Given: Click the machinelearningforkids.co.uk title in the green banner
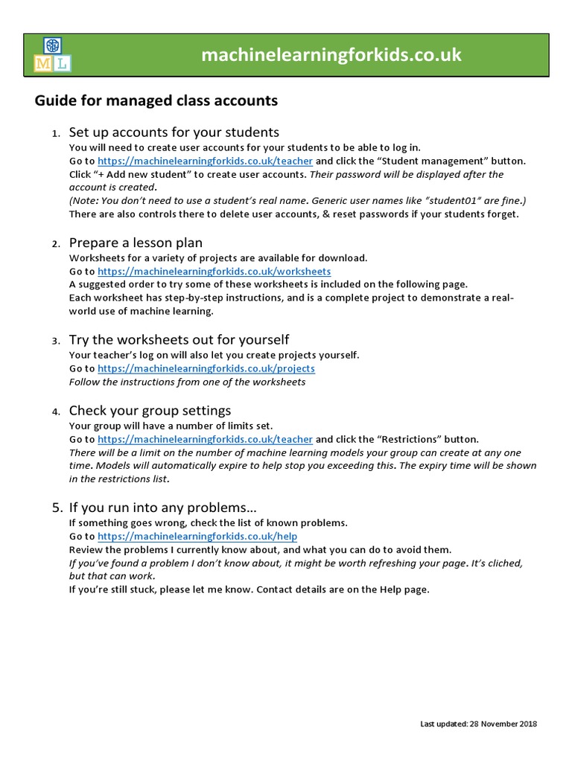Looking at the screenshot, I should (331, 55).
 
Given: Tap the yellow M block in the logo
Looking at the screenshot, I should (42, 65).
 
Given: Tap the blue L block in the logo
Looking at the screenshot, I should (62, 65).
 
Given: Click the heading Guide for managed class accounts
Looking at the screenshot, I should (156, 100).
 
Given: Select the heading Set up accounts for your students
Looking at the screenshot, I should (174, 132).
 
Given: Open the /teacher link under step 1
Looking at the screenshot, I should (205, 161).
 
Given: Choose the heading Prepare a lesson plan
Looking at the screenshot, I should (136, 243).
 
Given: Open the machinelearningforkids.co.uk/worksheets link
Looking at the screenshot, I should (214, 272).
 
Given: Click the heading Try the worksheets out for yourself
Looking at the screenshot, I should (179, 340).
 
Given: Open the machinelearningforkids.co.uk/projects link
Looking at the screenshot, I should (206, 368).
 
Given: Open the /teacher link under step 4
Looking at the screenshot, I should (205, 439).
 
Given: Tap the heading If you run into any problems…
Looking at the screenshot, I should (162, 508).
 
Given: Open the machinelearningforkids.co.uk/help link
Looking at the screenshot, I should (197, 537).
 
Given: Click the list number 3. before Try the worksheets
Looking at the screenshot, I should (56, 342).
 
